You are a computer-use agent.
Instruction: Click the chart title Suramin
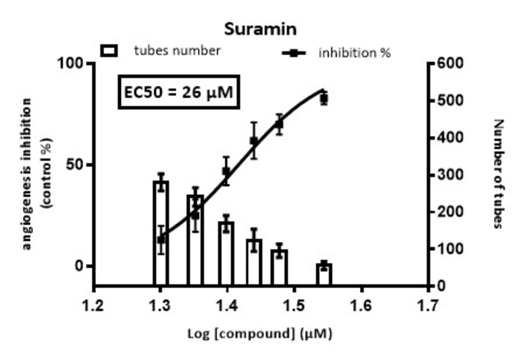pos(260,29)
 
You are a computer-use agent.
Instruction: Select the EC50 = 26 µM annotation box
pos(179,92)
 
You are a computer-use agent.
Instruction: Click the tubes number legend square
pos(109,51)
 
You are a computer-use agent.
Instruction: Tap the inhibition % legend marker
pos(293,53)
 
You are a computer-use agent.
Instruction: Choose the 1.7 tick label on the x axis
pos(428,305)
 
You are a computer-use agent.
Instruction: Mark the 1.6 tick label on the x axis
pos(361,305)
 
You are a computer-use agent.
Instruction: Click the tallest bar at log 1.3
pos(160,236)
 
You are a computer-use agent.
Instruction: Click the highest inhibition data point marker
pos(324,99)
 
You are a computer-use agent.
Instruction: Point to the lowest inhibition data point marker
pos(160,240)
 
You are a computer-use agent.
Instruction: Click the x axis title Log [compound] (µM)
pos(260,334)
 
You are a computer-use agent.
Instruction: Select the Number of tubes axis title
pos(498,173)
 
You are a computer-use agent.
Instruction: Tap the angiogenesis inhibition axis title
pos(37,173)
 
